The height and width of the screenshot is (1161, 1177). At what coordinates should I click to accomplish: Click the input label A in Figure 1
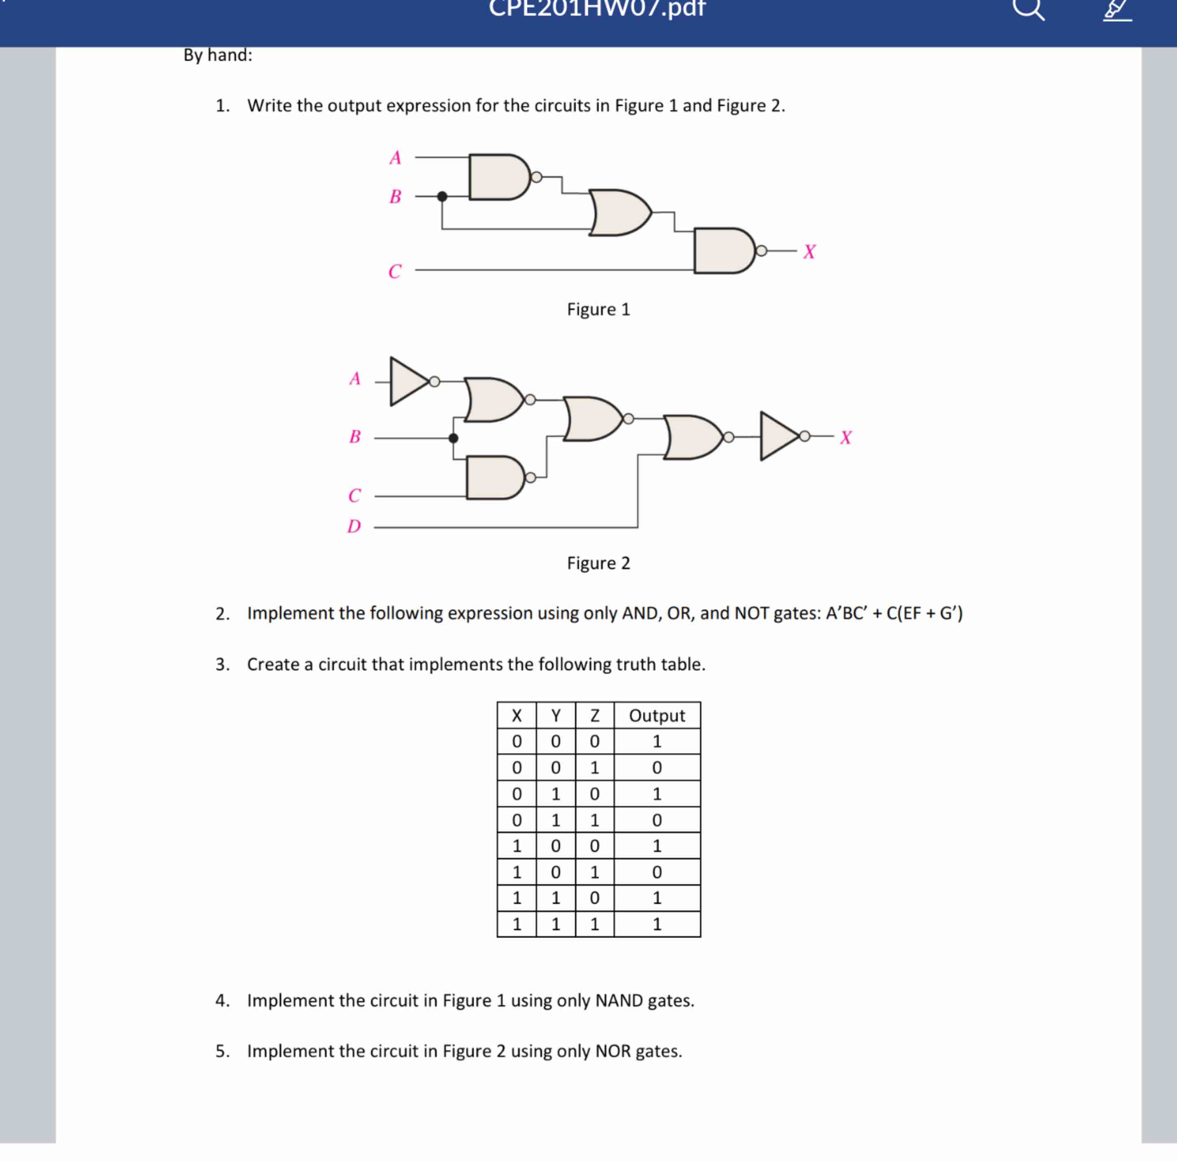coord(395,158)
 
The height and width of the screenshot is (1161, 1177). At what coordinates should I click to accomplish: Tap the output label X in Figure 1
coord(809,252)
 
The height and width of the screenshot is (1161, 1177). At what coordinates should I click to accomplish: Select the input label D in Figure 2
coord(354,526)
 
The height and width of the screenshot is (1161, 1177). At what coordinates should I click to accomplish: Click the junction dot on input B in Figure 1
coord(442,196)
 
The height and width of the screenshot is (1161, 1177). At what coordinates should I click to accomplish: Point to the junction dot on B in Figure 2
coord(453,438)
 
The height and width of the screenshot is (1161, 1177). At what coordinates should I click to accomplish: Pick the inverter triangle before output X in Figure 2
coord(778,436)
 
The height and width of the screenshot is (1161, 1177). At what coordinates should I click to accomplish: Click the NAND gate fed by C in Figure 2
coord(494,477)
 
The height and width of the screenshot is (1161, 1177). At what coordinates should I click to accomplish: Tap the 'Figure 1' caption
coord(598,309)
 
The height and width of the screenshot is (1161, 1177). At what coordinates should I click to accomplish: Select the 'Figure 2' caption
coord(598,563)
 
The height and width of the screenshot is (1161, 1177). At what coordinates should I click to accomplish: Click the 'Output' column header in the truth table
coord(657,715)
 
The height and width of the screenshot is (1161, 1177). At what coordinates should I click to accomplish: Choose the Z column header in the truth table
coord(595,715)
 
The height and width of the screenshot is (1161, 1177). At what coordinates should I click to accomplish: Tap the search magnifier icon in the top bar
coord(1029,9)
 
